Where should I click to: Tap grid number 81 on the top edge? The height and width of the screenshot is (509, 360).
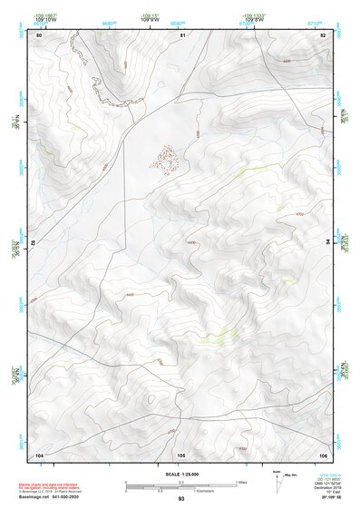(x=183, y=34)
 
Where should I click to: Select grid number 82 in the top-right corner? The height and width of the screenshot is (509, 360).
(x=324, y=34)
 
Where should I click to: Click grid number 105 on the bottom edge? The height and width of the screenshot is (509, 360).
(x=181, y=455)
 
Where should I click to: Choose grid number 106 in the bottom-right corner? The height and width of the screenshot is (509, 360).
(x=323, y=455)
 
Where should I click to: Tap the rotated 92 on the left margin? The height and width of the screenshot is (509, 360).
(x=34, y=244)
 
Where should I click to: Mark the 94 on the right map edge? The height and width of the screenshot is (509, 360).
(x=329, y=242)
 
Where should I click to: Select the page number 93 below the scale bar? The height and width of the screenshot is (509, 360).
(x=181, y=500)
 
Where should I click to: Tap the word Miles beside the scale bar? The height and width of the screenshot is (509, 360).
(x=240, y=482)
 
